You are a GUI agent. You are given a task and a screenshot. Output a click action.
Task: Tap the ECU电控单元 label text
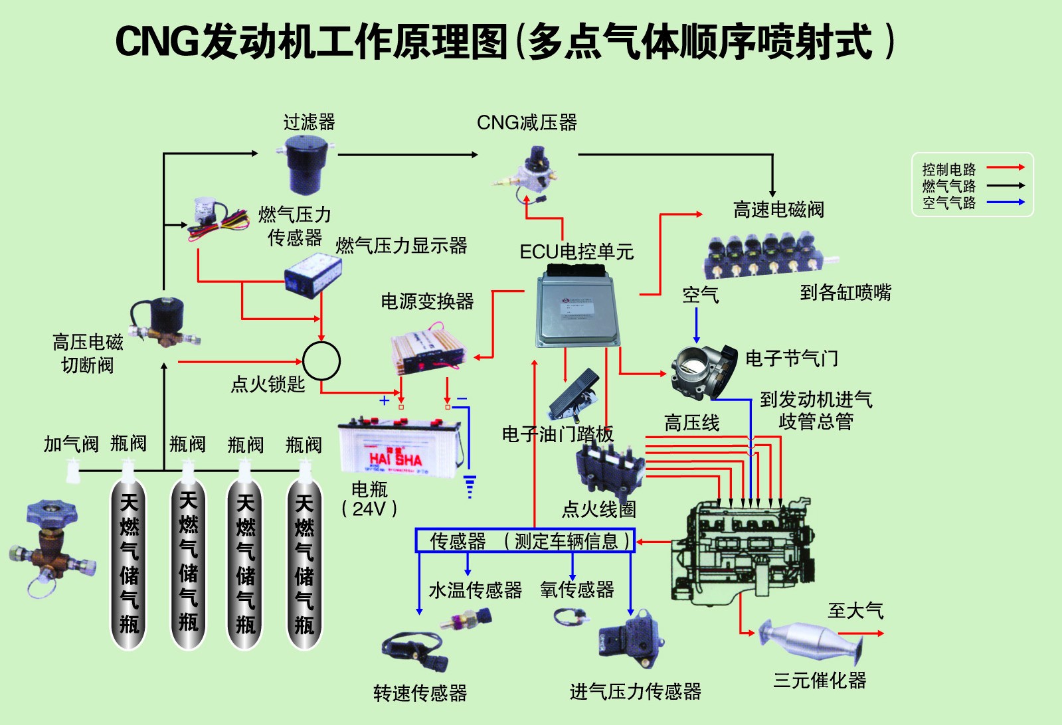point(576,252)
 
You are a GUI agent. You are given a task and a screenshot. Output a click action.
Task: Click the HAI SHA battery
point(397,449)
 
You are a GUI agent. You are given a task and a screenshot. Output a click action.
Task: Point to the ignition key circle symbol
point(321,361)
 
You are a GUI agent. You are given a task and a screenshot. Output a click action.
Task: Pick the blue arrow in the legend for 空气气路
point(1006,202)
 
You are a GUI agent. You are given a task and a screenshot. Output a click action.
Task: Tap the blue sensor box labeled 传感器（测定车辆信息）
point(525,541)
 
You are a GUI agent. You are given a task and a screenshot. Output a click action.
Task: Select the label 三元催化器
point(820,681)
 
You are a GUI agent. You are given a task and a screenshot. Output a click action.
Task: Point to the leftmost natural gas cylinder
point(128,564)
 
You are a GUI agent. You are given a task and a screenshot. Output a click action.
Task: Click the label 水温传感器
point(475,590)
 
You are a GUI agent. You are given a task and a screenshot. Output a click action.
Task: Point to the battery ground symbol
point(470,486)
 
